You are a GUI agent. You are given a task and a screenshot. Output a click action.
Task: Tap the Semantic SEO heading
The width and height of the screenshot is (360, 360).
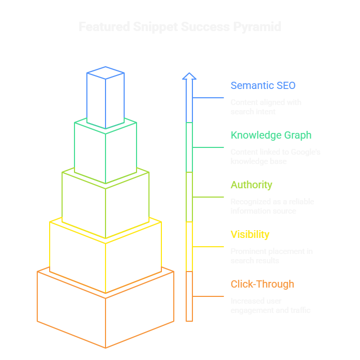coord(263,85)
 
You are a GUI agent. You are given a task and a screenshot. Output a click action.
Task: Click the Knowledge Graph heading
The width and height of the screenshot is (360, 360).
coord(271,135)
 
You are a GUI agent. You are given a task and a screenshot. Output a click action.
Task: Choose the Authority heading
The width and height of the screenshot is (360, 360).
coord(251,185)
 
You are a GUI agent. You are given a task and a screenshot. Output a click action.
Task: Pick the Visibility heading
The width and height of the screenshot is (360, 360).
coord(250,234)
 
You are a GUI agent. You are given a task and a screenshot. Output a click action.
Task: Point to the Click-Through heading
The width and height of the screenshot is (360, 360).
coord(262,284)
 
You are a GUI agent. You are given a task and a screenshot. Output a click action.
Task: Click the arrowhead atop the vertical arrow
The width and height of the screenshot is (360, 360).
coord(189,76)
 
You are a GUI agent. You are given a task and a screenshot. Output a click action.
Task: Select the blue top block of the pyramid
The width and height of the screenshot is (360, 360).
coord(106,98)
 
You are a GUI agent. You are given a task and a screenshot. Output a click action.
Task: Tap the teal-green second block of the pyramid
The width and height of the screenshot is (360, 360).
coord(106,153)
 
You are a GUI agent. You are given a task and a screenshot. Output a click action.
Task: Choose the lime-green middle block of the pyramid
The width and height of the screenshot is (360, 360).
coord(106,204)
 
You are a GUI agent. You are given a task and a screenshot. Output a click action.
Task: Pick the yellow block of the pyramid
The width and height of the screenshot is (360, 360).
coord(106,256)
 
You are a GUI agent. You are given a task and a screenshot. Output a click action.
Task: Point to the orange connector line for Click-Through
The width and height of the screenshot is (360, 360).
coord(208,296)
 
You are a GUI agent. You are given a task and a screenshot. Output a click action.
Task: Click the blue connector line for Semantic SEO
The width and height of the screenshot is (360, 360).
coord(208,98)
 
